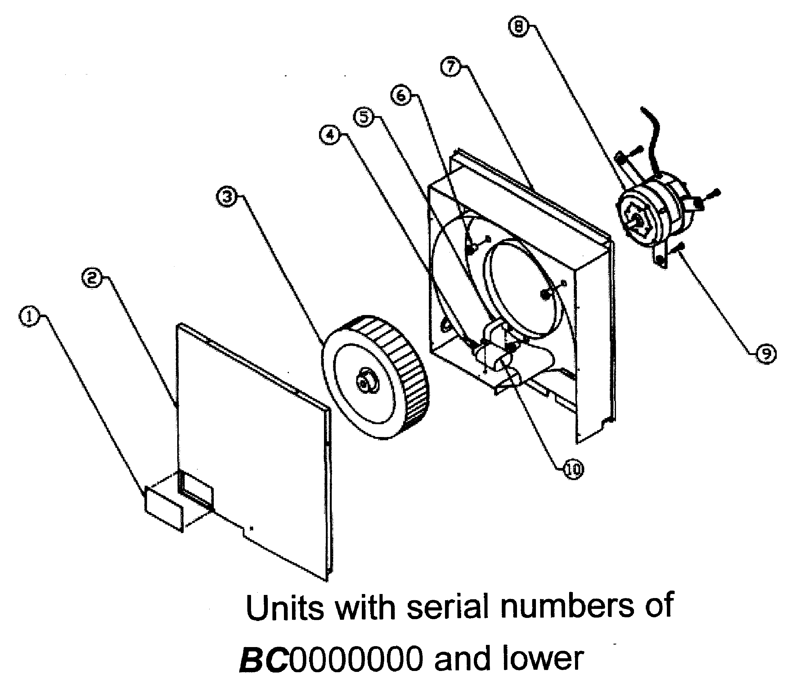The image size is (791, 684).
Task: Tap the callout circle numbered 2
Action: (92, 278)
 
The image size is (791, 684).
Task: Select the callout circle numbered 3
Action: (227, 197)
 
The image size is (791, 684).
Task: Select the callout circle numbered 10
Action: (573, 470)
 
